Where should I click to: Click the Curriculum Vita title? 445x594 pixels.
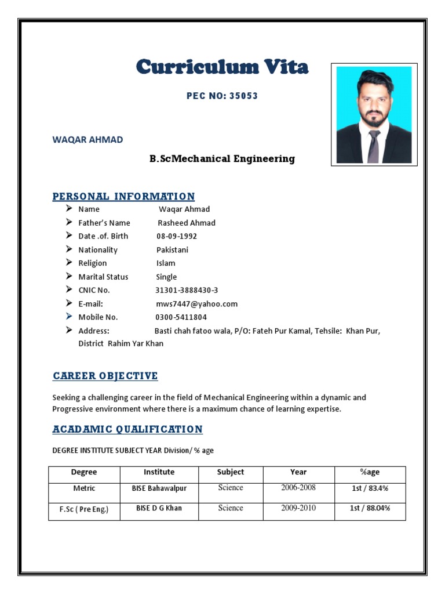[222, 67]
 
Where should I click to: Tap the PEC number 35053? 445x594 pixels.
[222, 96]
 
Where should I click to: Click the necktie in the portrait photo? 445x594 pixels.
[374, 146]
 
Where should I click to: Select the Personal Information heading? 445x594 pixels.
[123, 196]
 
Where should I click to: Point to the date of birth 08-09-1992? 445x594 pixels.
[177, 236]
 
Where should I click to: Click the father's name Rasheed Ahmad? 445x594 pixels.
[187, 223]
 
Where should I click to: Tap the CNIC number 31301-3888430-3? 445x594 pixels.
[187, 290]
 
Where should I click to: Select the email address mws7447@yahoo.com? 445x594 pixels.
[196, 304]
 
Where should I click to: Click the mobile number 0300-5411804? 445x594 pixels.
[181, 317]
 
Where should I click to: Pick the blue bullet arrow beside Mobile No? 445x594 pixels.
[69, 317]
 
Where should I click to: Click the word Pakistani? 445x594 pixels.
[172, 250]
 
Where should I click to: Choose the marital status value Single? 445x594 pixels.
[166, 277]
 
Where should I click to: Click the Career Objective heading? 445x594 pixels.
[105, 376]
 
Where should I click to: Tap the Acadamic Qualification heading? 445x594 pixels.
[127, 429]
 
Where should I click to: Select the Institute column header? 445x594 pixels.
[159, 472]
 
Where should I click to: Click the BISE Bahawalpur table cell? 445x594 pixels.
[159, 488]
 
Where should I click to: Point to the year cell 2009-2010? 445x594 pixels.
[298, 508]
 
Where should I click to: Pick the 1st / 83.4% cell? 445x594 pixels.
[370, 488]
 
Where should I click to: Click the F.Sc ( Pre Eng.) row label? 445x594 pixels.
[84, 509]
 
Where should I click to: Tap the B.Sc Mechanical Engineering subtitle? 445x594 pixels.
[222, 158]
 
